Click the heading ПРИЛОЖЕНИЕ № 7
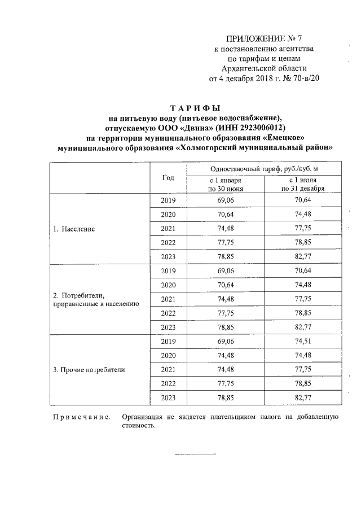point(256,39)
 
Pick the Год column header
point(168,178)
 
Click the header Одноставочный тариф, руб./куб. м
point(263,169)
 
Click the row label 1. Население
point(74,230)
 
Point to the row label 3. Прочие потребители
point(89,370)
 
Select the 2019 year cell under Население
point(168,201)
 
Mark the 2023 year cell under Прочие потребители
point(168,398)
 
